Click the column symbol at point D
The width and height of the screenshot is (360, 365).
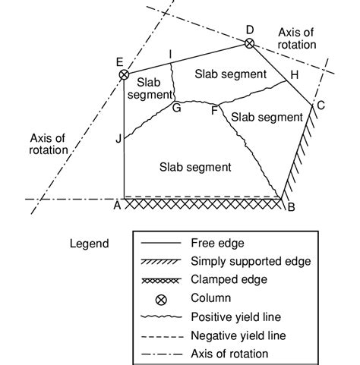click(249, 44)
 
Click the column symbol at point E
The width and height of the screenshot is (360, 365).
click(124, 74)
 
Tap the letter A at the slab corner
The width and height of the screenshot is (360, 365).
click(118, 206)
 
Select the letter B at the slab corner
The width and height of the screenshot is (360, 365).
click(292, 206)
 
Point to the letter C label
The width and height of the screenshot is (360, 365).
click(321, 105)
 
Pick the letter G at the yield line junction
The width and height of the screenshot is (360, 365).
click(177, 109)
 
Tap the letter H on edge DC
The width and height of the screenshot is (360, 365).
click(295, 76)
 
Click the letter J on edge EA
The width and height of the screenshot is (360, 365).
click(117, 138)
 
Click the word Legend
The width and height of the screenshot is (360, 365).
click(87, 244)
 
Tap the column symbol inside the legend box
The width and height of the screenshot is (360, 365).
click(160, 299)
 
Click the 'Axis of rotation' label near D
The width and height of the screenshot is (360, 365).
click(295, 38)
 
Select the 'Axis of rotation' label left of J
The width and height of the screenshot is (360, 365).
click(49, 143)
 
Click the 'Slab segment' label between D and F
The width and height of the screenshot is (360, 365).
click(230, 74)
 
